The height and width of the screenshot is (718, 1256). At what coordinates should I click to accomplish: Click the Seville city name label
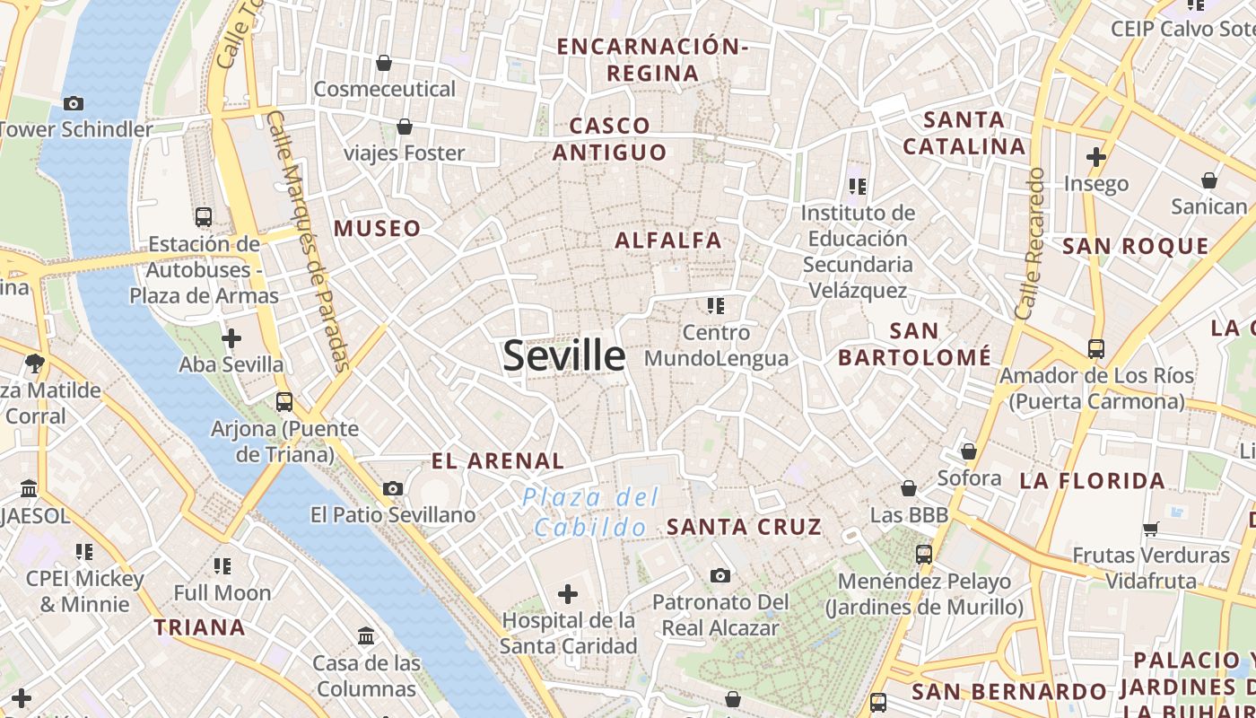pyautogui.click(x=563, y=356)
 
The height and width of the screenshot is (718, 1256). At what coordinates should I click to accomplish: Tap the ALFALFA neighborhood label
pyautogui.click(x=667, y=241)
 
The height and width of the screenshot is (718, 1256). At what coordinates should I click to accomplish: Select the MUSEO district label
pyautogui.click(x=377, y=229)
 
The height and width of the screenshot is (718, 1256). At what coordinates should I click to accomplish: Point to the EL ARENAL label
pyautogui.click(x=498, y=461)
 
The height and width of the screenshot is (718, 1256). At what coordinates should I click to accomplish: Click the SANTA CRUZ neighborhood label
pyautogui.click(x=744, y=527)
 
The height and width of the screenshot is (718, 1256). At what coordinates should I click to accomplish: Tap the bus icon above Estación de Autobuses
pyautogui.click(x=204, y=216)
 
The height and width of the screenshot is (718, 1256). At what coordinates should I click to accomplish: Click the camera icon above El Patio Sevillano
pyautogui.click(x=392, y=488)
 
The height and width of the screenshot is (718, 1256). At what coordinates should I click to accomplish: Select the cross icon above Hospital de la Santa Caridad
pyautogui.click(x=568, y=593)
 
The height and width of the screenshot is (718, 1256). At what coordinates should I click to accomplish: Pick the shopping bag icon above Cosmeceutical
pyautogui.click(x=384, y=63)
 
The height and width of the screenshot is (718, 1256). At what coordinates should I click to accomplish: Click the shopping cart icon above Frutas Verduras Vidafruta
pyautogui.click(x=1151, y=529)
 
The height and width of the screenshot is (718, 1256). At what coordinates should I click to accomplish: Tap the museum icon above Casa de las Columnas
pyautogui.click(x=366, y=636)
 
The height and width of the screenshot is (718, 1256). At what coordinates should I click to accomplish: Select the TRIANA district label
pyautogui.click(x=199, y=627)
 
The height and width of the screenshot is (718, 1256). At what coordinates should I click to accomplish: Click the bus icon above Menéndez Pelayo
pyautogui.click(x=924, y=555)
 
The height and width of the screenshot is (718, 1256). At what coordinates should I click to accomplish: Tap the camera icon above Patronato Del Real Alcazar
pyautogui.click(x=720, y=575)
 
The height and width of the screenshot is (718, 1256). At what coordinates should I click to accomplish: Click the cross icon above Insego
pyautogui.click(x=1095, y=157)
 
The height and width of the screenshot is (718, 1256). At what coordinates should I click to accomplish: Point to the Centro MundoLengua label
pyautogui.click(x=716, y=346)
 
